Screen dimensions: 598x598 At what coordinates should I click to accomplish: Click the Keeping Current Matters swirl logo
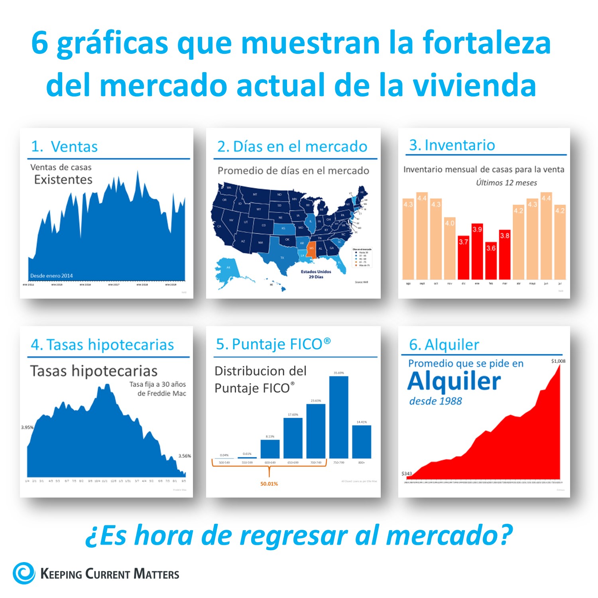click(x=24, y=573)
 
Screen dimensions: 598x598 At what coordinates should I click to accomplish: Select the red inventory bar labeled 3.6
click(x=491, y=261)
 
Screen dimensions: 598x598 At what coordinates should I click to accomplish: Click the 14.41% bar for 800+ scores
click(x=362, y=442)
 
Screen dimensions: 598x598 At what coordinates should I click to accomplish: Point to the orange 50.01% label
click(x=269, y=484)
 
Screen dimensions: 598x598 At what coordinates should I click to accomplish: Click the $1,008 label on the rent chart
click(x=558, y=361)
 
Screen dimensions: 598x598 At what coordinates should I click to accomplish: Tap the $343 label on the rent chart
click(x=407, y=474)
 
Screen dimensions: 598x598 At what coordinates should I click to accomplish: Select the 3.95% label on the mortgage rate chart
click(x=27, y=427)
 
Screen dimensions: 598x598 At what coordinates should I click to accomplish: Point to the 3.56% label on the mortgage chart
click(x=185, y=456)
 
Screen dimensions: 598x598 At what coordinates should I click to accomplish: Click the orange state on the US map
click(x=312, y=250)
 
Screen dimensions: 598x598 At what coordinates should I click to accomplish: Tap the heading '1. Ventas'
click(x=65, y=147)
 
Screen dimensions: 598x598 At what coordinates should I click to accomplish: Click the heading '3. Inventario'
click(x=452, y=145)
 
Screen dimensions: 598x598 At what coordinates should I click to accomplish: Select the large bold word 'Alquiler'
click(x=454, y=382)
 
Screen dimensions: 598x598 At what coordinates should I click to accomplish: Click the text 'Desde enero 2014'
click(x=51, y=275)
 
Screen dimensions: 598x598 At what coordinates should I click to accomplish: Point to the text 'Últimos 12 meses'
click(x=506, y=183)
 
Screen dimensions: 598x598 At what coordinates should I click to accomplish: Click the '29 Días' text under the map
click(x=316, y=277)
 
